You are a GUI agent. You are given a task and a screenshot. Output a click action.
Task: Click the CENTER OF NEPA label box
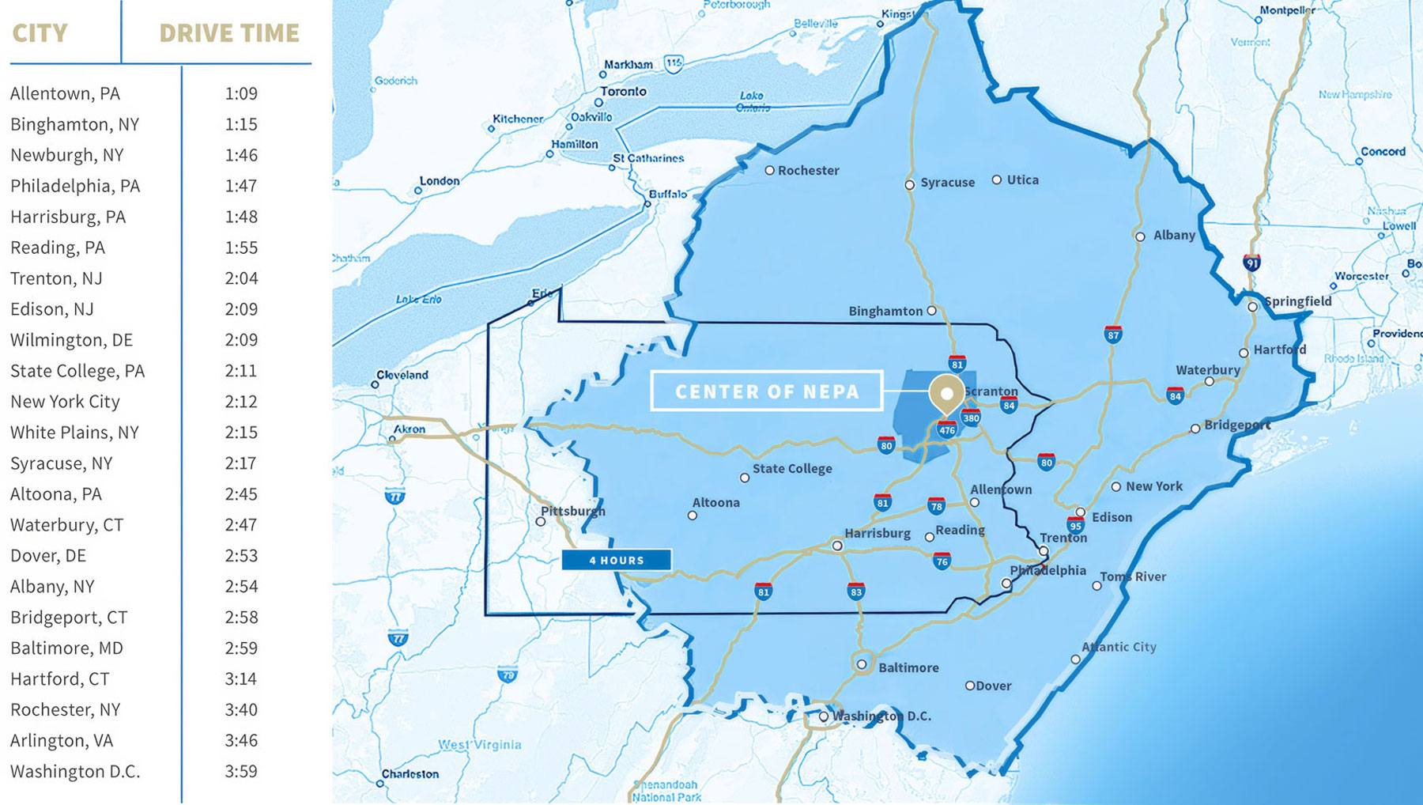click(766, 391)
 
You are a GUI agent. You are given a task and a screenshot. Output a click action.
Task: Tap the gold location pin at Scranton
click(946, 392)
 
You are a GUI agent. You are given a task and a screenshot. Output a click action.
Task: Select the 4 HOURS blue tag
click(617, 560)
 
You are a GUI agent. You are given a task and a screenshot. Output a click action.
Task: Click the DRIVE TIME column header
click(229, 33)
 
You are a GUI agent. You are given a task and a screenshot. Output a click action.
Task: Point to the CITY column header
click(40, 33)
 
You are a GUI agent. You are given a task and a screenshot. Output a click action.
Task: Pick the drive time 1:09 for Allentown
click(241, 93)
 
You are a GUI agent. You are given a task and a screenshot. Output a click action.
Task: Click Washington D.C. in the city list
click(75, 771)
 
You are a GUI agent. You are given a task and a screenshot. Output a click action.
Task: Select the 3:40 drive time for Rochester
click(241, 709)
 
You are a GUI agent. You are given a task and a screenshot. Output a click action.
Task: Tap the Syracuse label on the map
click(947, 183)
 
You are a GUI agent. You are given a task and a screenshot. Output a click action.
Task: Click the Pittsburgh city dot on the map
click(541, 521)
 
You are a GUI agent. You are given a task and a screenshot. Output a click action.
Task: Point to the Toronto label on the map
click(623, 92)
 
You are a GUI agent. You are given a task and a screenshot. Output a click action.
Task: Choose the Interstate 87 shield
click(1113, 334)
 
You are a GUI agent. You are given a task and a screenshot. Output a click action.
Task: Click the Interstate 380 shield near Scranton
click(971, 418)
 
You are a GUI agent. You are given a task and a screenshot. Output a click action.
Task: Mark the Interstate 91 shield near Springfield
click(1251, 263)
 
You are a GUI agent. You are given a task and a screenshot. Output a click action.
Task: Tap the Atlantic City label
click(1119, 647)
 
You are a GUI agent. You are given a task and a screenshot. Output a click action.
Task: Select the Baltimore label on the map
click(908, 667)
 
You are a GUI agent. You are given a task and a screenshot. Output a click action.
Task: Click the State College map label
click(792, 468)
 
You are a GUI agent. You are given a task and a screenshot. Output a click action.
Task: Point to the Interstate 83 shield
click(855, 591)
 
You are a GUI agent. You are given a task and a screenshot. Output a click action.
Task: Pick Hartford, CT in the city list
click(60, 678)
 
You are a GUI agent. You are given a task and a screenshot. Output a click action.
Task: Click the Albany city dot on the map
click(1140, 236)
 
